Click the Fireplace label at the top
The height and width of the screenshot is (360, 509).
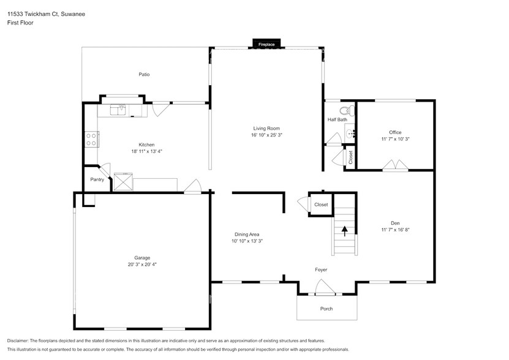(x=266, y=45)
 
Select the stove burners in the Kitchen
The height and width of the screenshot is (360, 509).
(x=91, y=139)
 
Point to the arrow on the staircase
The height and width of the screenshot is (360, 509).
(x=344, y=231)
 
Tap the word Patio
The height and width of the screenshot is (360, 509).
(x=144, y=75)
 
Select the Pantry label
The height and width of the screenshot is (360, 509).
(x=97, y=179)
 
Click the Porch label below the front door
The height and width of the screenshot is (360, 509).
(x=326, y=309)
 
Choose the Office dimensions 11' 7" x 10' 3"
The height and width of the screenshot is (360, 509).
(x=395, y=139)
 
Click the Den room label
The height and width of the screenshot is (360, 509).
(x=395, y=223)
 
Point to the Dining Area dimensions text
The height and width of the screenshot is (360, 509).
(x=247, y=241)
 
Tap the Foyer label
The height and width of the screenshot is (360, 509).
(x=321, y=269)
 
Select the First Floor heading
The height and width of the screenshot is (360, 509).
(x=21, y=23)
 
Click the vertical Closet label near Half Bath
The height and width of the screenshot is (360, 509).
(x=351, y=157)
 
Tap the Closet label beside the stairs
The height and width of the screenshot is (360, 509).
(x=321, y=204)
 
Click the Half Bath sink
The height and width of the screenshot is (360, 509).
(x=350, y=132)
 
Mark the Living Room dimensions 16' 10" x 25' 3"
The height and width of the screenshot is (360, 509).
(x=266, y=135)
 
